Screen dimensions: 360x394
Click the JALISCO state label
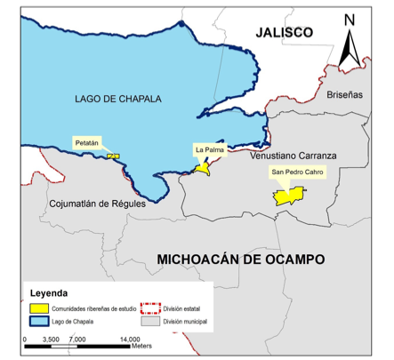point(284,32)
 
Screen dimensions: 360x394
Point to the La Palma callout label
point(210,149)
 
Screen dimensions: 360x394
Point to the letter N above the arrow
point(350,20)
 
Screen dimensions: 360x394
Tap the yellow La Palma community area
point(204,166)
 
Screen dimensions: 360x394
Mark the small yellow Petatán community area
point(113,156)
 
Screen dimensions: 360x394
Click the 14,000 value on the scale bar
point(130,339)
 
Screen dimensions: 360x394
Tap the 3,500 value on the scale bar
point(50,339)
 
